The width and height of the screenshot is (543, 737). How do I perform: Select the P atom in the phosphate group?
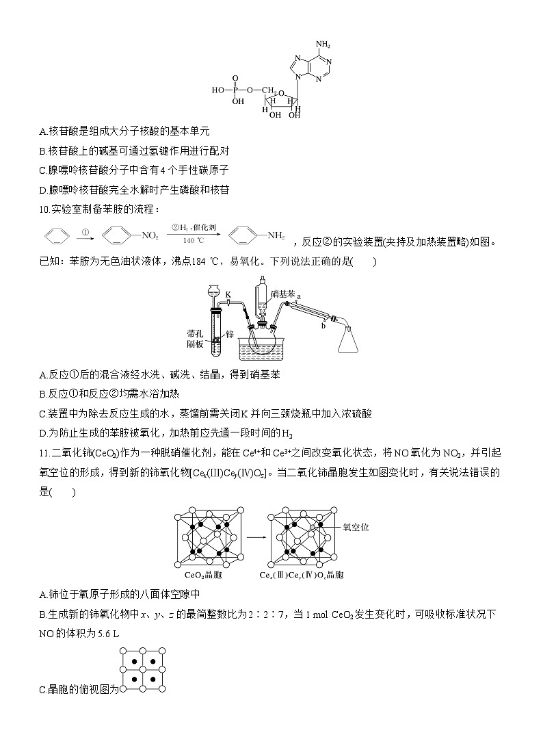click(237, 89)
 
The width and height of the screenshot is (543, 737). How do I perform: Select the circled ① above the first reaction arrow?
click(87, 231)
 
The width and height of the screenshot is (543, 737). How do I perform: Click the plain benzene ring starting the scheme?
click(57, 237)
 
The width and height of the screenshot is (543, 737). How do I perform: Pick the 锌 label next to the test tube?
click(230, 334)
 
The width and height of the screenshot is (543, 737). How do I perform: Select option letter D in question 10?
click(43, 432)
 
